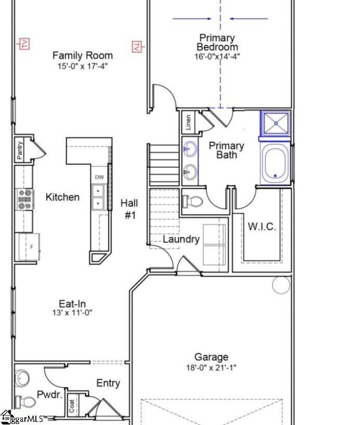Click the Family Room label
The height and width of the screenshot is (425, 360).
click(x=82, y=55)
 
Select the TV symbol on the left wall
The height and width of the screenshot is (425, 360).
click(x=24, y=44)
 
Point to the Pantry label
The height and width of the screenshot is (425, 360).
click(x=20, y=149)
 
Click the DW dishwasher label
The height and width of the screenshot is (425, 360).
click(x=99, y=177)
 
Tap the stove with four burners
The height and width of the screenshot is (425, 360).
click(x=25, y=199)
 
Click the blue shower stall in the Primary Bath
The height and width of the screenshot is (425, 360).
click(x=275, y=124)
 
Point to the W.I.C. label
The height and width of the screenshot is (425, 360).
click(x=262, y=227)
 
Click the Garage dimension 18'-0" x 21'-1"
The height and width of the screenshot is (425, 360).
click(x=211, y=367)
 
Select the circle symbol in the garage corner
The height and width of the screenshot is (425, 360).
click(x=281, y=285)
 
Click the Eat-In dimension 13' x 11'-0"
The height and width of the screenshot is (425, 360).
click(x=72, y=313)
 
